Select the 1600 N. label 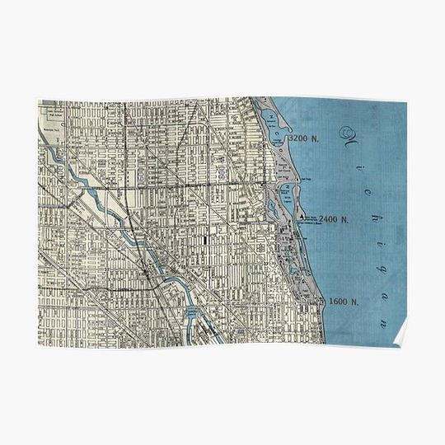(x=344, y=302)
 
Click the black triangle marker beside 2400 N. (x=302, y=218)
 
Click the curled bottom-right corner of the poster (x=401, y=336)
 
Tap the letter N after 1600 (x=355, y=302)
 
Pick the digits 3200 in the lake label (x=297, y=140)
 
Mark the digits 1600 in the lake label (x=338, y=302)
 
